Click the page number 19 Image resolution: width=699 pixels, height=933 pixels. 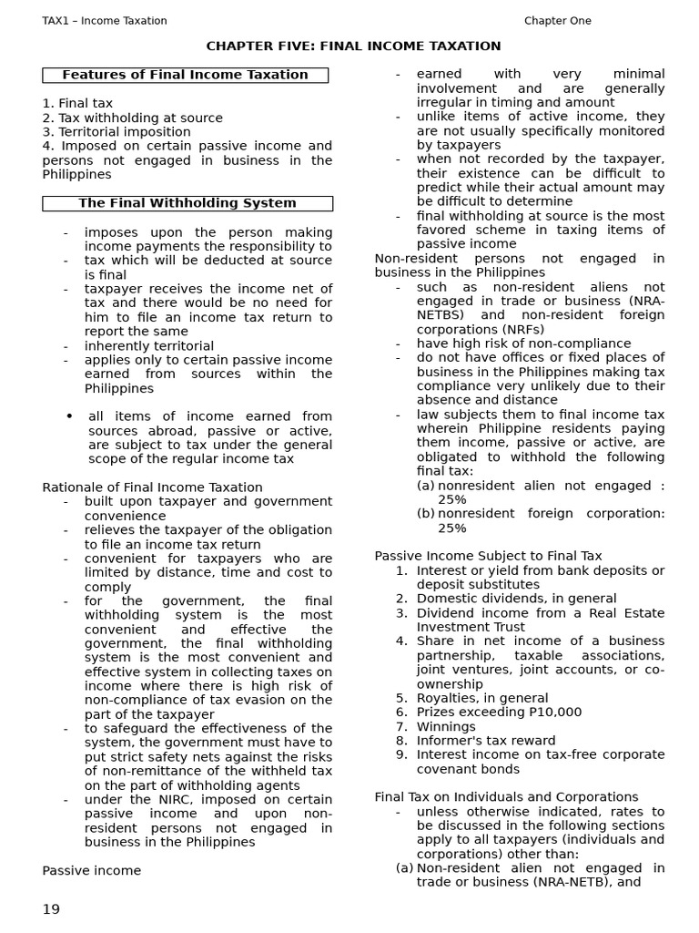click(x=51, y=909)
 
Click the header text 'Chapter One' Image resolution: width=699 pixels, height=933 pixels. click(x=557, y=21)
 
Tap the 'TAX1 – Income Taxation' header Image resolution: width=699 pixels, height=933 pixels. click(x=105, y=21)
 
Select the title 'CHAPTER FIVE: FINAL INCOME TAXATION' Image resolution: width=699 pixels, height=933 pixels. click(x=353, y=46)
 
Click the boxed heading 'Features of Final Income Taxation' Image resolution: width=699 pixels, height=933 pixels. click(x=185, y=75)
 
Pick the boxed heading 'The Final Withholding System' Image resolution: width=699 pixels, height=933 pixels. click(x=187, y=203)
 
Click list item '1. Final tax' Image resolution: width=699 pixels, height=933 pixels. click(x=77, y=104)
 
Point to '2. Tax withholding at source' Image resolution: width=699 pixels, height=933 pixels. click(x=132, y=118)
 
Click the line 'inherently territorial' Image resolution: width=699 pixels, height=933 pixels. click(x=149, y=346)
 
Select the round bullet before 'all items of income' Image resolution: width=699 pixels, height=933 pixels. click(x=69, y=416)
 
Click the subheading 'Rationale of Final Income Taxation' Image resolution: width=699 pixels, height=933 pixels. click(x=152, y=487)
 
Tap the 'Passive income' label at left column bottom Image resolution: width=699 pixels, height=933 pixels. click(x=91, y=871)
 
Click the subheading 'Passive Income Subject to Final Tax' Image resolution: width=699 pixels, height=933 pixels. click(x=488, y=556)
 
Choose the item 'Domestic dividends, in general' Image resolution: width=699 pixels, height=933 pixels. click(x=516, y=599)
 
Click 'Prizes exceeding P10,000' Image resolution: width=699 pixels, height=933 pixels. click(x=499, y=713)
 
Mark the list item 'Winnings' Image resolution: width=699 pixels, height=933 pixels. click(x=446, y=727)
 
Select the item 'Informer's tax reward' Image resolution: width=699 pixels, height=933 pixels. click(x=485, y=741)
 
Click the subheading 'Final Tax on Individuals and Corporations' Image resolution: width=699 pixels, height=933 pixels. click(x=506, y=797)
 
